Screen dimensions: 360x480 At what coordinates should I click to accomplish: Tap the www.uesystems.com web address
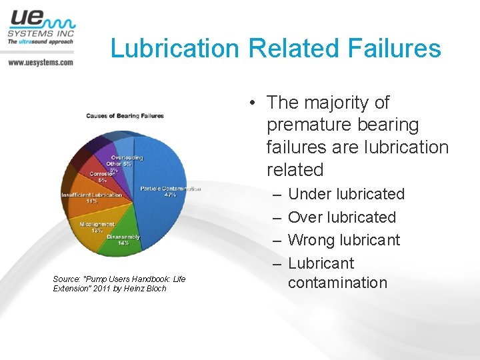(x=40, y=62)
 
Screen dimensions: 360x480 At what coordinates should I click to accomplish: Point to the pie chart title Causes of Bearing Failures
(x=125, y=116)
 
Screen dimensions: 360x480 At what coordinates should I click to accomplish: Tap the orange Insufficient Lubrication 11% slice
(x=87, y=197)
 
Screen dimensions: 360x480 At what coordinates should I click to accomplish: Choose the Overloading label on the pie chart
(x=127, y=157)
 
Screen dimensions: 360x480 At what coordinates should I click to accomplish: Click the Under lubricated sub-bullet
(x=346, y=194)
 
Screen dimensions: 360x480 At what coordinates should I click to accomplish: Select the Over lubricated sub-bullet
(x=341, y=217)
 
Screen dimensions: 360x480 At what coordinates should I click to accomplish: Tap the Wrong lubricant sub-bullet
(x=343, y=240)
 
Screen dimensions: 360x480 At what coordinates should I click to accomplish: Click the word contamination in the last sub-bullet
(x=337, y=283)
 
